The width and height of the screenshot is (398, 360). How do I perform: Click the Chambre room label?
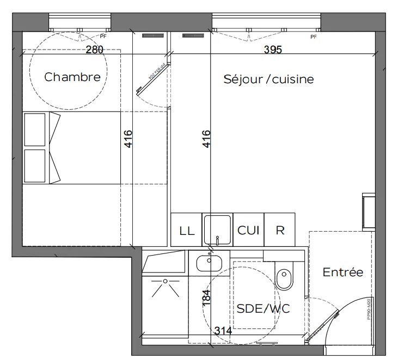pos(72,77)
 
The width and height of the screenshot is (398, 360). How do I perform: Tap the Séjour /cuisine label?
pos(268,79)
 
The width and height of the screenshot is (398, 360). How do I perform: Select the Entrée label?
pos(342,272)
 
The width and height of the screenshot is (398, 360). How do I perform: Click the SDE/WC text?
pos(263,308)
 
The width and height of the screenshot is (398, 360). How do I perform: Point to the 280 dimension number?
pos(95,49)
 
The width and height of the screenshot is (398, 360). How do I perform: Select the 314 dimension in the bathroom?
pos(223,331)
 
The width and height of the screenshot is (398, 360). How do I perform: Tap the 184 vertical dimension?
pos(206,299)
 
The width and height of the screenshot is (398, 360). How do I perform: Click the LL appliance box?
pos(186,229)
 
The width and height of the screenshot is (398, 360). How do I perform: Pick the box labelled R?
pos(280,229)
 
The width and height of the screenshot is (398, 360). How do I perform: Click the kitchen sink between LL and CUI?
pos(218,229)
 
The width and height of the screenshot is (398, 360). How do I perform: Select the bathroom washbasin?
pos(210,262)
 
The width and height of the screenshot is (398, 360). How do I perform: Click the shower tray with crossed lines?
pos(164,288)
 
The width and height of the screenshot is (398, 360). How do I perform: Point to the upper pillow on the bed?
pos(35,129)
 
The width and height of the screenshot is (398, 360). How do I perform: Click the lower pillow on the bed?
pos(35,166)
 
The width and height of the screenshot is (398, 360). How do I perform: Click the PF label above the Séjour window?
pos(313,37)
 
